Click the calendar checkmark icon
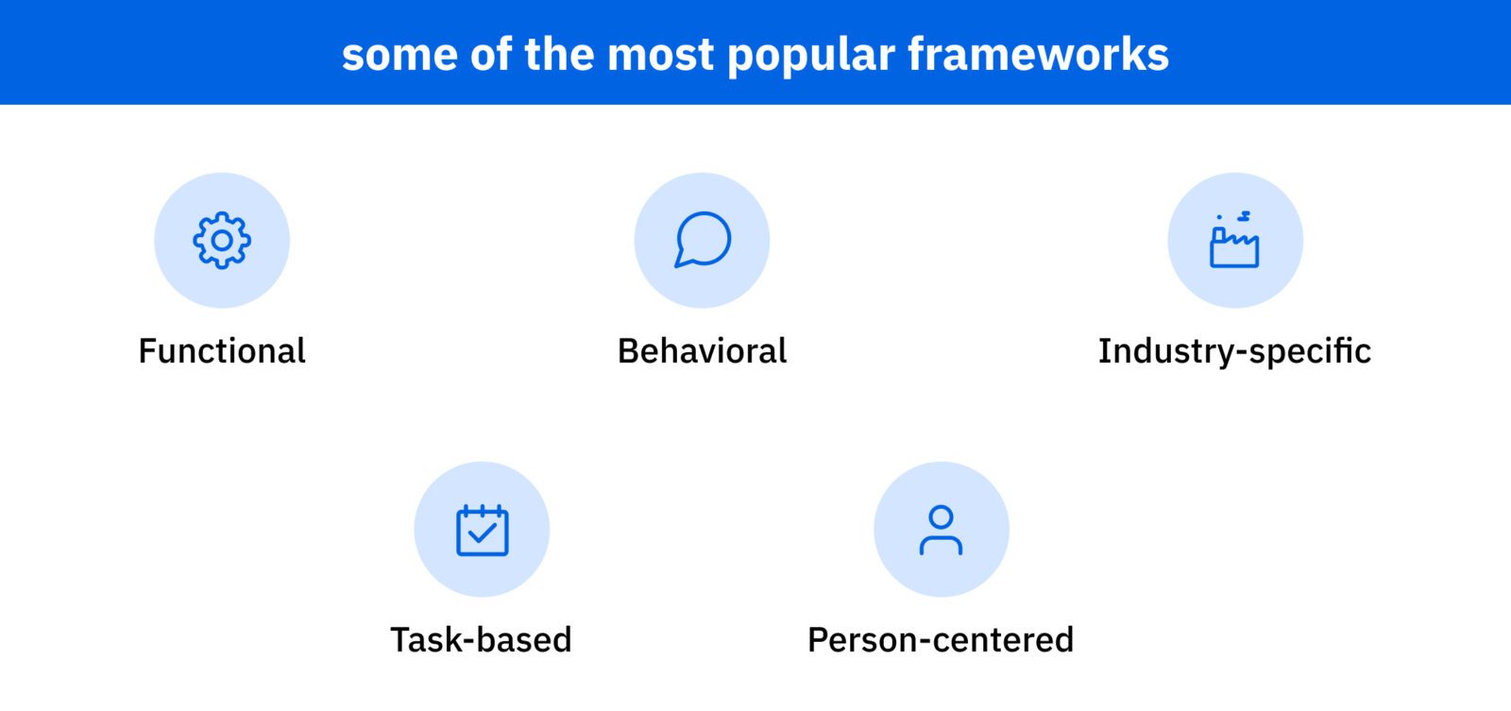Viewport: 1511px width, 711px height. point(483,531)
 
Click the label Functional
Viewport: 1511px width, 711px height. point(222,351)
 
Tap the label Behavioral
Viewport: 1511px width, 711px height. point(703,351)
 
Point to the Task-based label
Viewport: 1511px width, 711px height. point(481,639)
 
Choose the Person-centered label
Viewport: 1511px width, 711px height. point(941,639)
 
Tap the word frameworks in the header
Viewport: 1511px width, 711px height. point(1039,54)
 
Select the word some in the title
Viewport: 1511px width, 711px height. point(400,57)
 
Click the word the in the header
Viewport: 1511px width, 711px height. point(559,54)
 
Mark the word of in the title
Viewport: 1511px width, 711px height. point(491,54)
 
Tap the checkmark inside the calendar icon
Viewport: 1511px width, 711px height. point(483,533)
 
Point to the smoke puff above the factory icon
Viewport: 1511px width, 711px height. point(1244,216)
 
